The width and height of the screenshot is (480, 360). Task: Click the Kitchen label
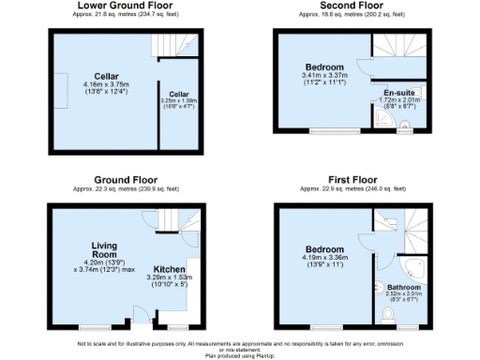(169, 268)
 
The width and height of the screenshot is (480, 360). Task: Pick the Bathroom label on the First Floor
(404, 287)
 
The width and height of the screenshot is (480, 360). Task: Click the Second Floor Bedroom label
(323, 67)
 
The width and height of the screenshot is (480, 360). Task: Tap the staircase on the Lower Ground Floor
(175, 44)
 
